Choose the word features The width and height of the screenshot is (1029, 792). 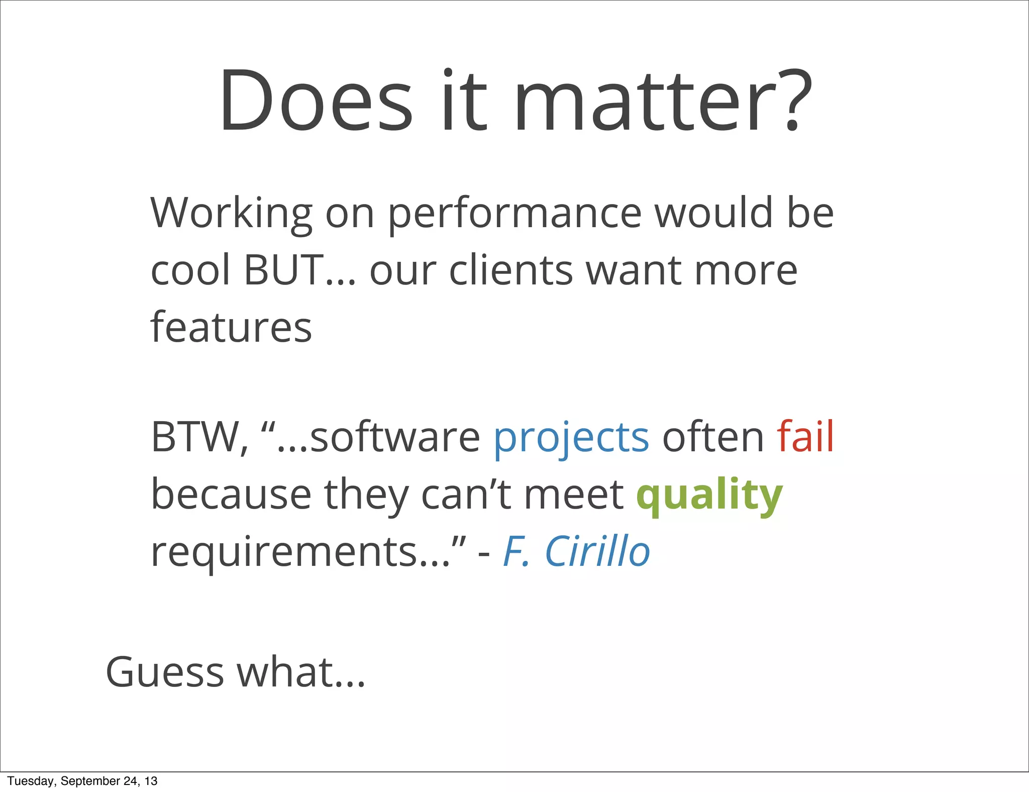point(231,328)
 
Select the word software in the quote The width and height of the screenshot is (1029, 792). point(395,438)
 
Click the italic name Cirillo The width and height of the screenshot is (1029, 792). point(597,551)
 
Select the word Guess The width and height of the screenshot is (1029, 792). point(165,672)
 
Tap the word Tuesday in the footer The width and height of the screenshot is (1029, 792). point(31,781)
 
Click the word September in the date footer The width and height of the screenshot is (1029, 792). point(91,781)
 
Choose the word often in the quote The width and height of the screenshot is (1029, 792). point(713,438)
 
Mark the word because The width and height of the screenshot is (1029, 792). point(231,495)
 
